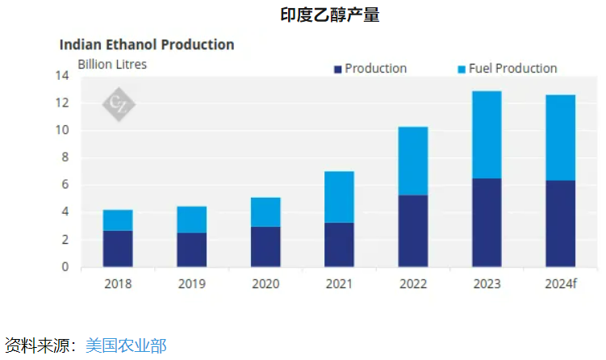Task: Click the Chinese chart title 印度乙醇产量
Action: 329,15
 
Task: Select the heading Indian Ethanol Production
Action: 147,44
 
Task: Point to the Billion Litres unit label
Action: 111,64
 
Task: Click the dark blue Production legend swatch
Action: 339,69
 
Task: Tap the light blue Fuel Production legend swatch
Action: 462,69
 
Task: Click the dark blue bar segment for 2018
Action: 118,249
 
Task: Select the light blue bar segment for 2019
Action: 191,220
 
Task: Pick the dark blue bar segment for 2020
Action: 265,246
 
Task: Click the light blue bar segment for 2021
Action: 339,197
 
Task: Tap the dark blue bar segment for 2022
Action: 413,231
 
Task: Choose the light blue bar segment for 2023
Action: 487,135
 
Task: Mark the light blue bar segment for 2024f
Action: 560,138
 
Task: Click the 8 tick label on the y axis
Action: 65,158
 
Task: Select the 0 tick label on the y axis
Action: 65,267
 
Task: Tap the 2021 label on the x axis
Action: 339,283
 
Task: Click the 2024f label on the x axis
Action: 561,283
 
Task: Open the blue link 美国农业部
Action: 126,345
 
